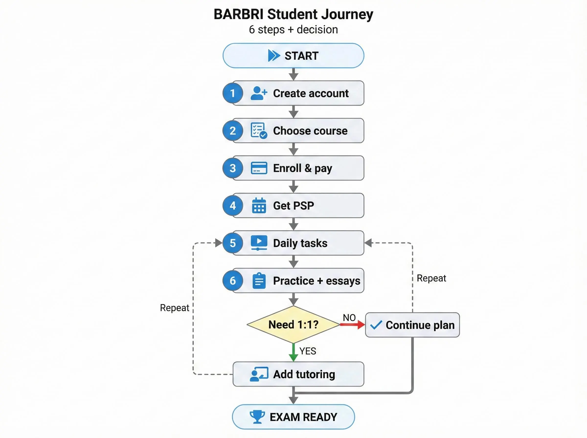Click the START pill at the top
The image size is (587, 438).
(293, 56)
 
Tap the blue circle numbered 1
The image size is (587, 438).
(233, 93)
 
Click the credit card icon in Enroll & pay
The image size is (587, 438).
(259, 168)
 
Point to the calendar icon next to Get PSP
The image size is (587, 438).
(259, 206)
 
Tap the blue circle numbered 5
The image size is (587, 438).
(233, 243)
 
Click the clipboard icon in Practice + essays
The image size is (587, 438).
(259, 281)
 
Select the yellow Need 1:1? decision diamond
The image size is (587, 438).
(293, 325)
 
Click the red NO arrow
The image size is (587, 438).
(352, 325)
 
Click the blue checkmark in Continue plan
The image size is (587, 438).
(376, 325)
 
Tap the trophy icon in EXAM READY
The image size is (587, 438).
(257, 417)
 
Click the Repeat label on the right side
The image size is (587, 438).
(431, 278)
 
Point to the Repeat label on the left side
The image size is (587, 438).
(174, 308)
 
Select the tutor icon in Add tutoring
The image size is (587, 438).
(259, 374)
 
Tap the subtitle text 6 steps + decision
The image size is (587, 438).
(293, 29)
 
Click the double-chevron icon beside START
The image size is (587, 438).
(274, 56)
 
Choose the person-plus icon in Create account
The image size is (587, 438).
(259, 93)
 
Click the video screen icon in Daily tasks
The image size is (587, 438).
(259, 243)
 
